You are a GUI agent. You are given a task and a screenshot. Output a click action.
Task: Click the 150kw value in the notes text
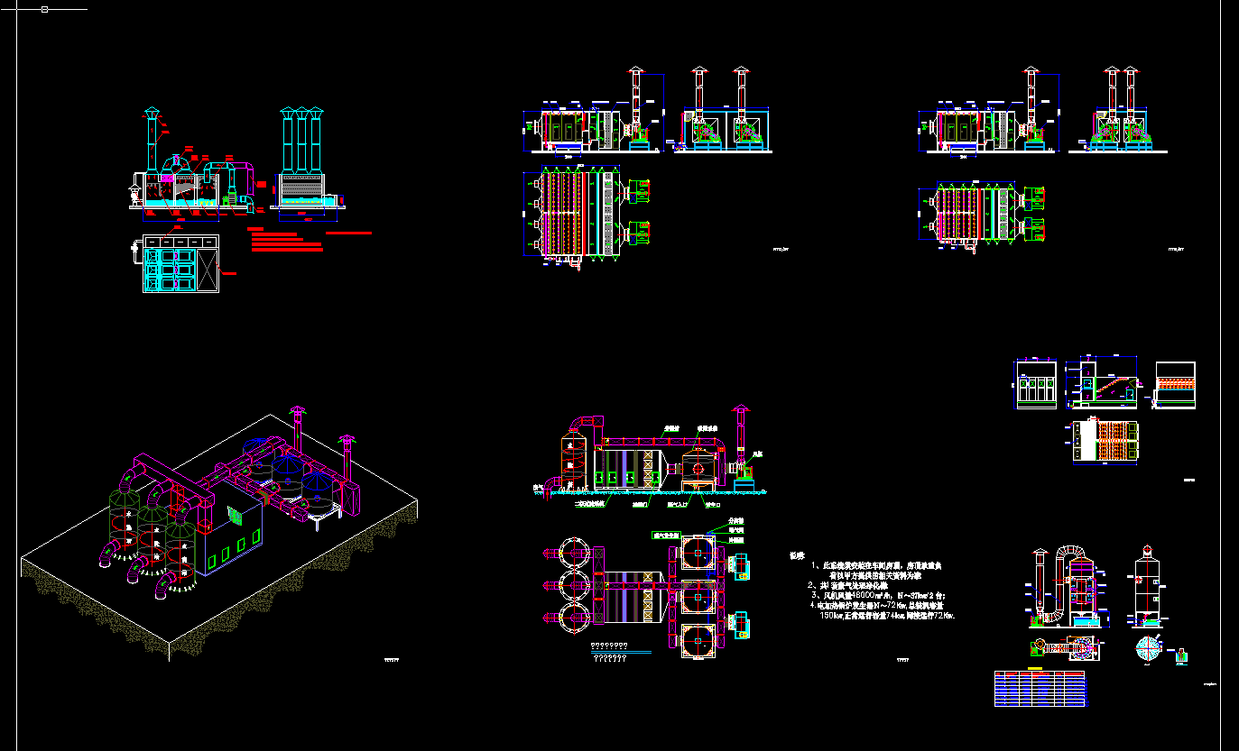828,617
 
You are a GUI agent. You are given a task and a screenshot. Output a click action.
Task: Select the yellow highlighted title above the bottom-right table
1036,669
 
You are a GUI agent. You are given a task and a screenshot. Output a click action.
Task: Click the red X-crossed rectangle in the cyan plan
208,269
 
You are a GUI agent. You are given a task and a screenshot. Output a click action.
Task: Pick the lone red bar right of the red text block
348,233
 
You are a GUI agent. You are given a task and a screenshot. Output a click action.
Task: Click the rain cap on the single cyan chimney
151,113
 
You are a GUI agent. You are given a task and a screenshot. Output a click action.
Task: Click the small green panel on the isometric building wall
236,516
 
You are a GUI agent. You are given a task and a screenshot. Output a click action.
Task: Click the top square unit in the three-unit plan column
698,550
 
